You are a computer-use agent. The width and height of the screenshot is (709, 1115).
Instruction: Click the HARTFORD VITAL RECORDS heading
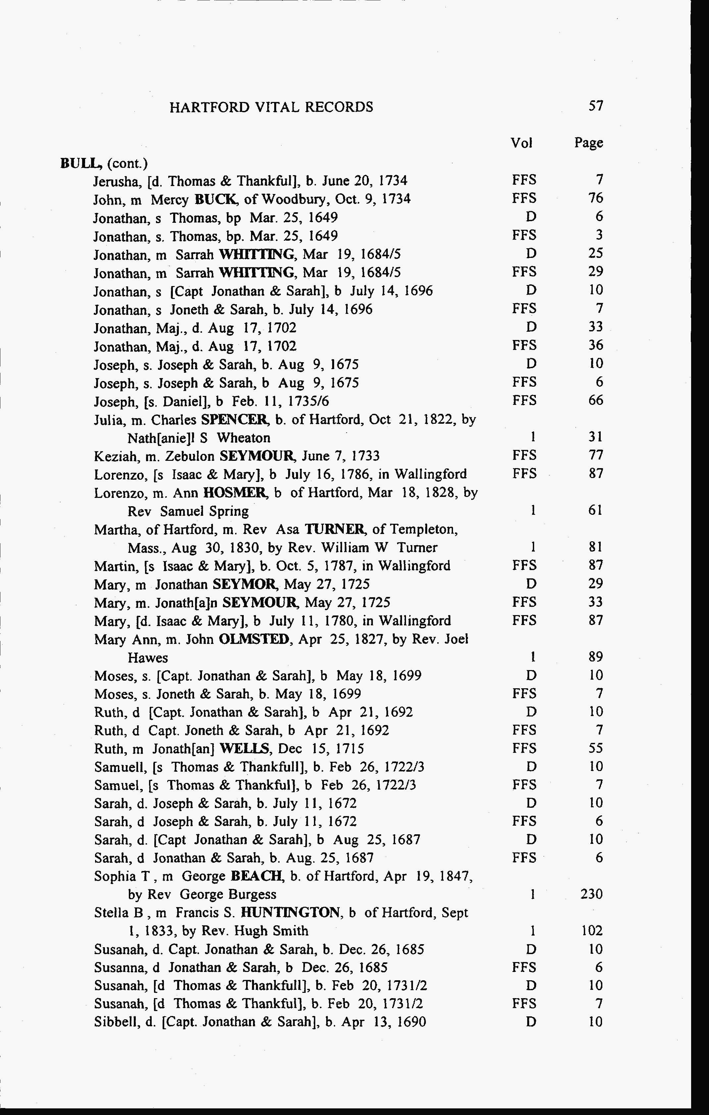coord(271,107)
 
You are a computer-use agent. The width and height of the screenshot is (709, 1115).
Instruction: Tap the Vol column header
coord(522,143)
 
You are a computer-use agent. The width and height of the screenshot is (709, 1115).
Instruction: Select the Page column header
coord(588,143)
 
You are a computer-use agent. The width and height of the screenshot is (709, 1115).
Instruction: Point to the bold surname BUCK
coord(216,199)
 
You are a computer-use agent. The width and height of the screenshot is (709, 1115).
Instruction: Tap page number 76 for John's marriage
coord(595,198)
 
